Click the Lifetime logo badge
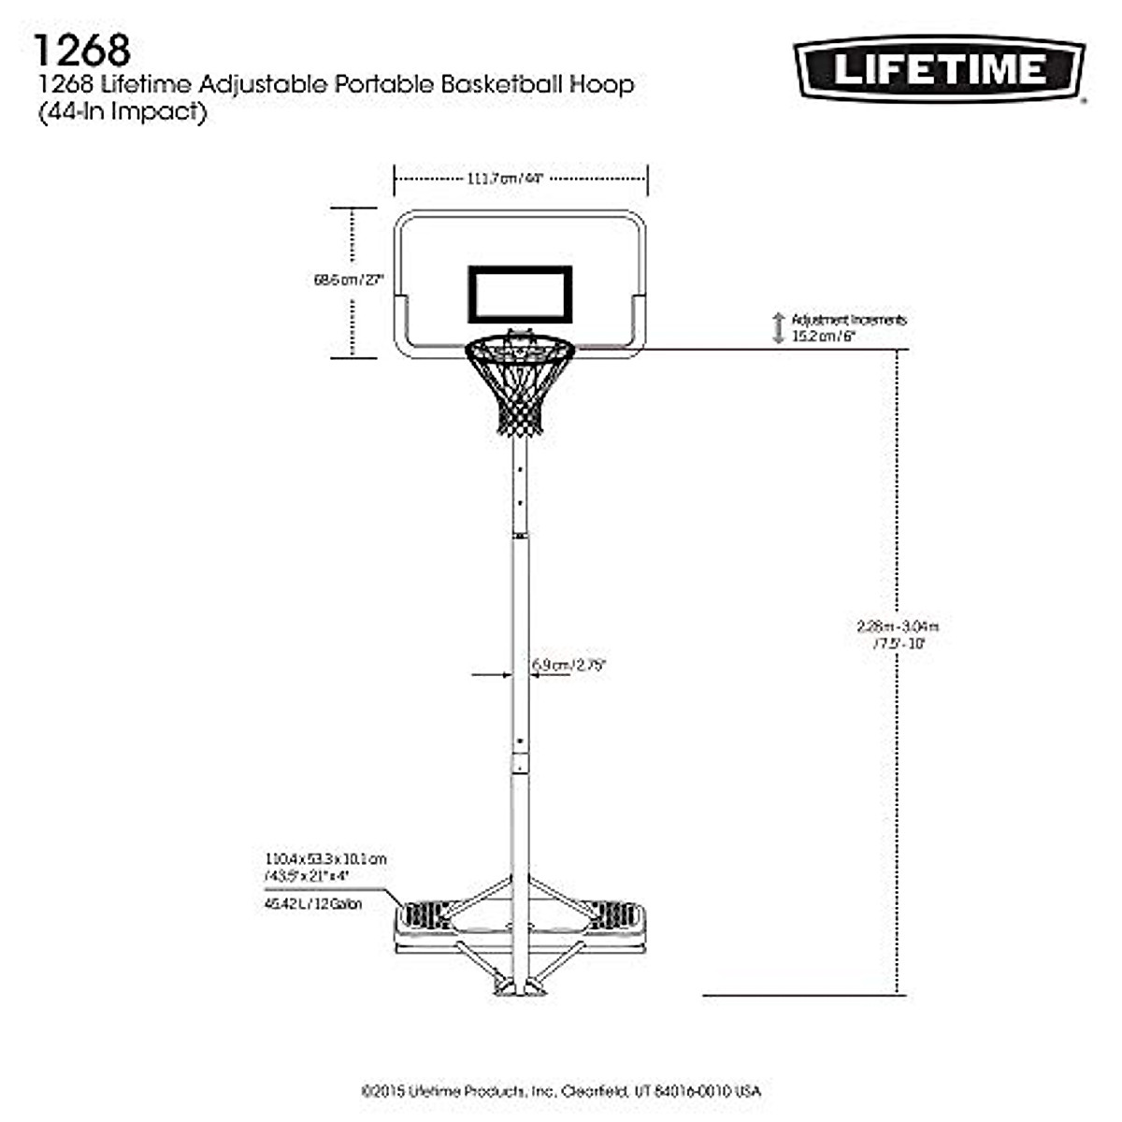coord(939,68)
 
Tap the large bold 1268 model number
coord(81,50)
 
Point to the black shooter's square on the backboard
coord(520,295)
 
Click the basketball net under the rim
coord(519,393)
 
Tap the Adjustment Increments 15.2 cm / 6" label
coord(848,328)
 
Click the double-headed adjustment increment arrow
coord(778,328)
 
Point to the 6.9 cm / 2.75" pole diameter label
coord(569,666)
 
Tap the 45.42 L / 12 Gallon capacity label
coord(313,904)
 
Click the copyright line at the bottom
coord(561,1091)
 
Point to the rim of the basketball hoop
coord(520,349)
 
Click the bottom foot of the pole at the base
coord(519,985)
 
